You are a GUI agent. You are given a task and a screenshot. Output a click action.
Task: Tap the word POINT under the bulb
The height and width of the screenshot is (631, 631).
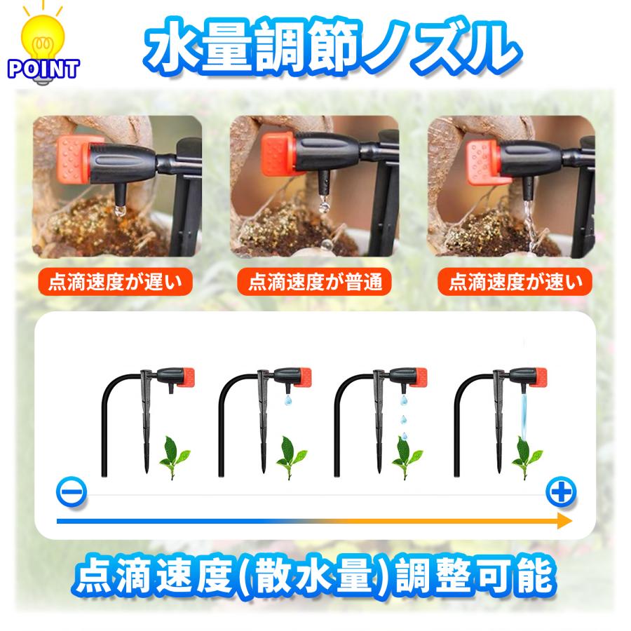(43, 69)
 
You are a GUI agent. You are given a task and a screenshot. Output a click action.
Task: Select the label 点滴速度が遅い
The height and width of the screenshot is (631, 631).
(116, 283)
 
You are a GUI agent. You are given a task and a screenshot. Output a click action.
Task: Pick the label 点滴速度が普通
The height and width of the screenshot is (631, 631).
(315, 283)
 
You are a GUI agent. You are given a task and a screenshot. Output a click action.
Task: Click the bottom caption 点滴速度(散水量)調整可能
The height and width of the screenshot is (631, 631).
(315, 577)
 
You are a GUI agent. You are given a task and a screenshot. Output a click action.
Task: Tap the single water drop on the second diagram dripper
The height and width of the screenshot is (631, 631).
(287, 401)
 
